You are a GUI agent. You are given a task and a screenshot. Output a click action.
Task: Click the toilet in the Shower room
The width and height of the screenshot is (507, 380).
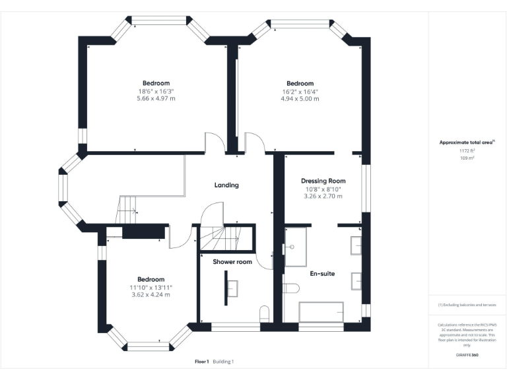click(x=264, y=312)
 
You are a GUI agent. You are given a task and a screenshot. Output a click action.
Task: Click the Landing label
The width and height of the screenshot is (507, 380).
click(x=226, y=185)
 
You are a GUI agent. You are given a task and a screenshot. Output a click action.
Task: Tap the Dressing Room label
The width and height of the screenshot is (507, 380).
click(x=323, y=181)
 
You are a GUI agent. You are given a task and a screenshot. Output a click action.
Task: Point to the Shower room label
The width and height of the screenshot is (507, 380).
click(x=232, y=262)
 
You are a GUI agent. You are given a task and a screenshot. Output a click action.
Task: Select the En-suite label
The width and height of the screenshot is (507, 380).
click(x=323, y=272)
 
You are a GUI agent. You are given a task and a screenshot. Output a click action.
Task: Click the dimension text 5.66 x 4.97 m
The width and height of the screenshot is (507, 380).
click(x=156, y=98)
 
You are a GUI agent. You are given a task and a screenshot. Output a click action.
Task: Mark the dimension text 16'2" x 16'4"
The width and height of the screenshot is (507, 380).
click(x=300, y=91)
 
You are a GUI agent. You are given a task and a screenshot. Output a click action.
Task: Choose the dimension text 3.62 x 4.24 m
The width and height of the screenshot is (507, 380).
click(x=151, y=294)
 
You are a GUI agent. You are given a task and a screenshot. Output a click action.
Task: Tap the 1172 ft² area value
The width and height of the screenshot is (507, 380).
click(x=467, y=151)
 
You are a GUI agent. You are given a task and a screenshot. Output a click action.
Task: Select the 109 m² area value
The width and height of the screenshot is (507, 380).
click(x=467, y=158)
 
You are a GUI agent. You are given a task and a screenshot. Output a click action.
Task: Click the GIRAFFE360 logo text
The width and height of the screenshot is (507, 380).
click(x=467, y=355)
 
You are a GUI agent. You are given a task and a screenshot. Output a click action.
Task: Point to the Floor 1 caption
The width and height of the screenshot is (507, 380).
click(x=202, y=362)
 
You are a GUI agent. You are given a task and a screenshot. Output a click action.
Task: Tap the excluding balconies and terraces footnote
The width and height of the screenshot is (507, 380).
click(x=467, y=305)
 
